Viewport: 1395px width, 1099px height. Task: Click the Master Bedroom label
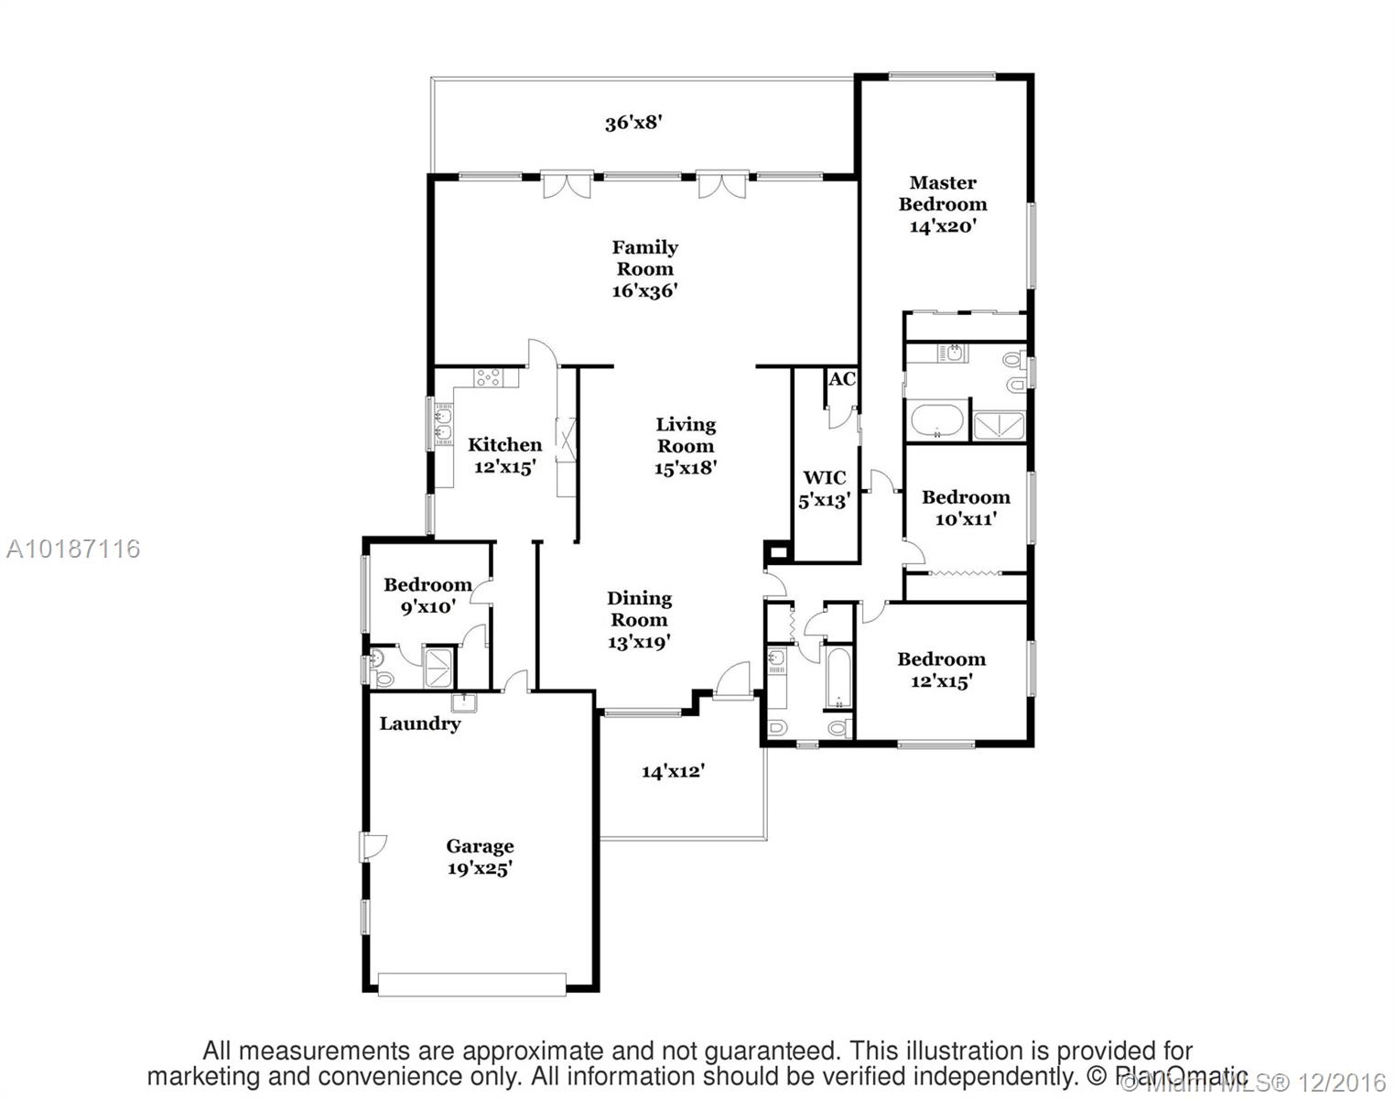942,193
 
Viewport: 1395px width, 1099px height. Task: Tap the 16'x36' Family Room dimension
644,291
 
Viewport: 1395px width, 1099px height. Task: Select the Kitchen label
504,445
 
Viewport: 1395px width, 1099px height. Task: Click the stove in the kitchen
488,376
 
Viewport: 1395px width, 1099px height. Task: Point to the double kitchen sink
444,424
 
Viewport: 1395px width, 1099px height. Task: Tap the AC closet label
841,378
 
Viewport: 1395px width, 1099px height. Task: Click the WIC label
824,477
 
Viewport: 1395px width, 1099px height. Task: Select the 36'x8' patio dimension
633,123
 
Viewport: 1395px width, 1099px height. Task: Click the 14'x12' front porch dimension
673,771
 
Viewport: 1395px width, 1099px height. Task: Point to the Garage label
480,846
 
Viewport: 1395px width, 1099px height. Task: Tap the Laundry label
420,724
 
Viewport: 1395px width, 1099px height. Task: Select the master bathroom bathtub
935,421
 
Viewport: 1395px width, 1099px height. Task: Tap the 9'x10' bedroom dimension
427,606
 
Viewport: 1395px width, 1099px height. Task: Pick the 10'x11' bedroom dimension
965,518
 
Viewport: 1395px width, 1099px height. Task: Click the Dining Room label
639,609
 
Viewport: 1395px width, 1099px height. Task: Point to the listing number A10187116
73,549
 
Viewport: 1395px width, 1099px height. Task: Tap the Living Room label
685,435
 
